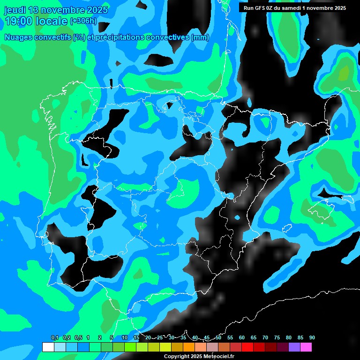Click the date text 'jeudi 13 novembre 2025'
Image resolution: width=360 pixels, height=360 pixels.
56,10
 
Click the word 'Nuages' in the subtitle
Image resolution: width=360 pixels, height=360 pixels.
19,37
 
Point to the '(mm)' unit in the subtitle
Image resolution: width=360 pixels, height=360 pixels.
200,37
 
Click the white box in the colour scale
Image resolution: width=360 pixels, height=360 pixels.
48,347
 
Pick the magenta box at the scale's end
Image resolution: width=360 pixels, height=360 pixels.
306,347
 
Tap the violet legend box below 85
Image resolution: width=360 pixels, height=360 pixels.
294,347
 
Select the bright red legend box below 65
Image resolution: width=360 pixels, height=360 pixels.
247,347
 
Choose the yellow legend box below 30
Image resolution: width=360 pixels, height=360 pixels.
165,347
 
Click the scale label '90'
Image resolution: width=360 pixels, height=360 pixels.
312,338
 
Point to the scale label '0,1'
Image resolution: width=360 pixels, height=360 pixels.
55,338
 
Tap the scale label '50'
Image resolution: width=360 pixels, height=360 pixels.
218,338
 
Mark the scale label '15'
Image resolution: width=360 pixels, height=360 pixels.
136,338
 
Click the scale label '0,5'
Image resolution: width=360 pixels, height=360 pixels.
78,338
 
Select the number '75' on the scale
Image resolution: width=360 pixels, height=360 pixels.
277,338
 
